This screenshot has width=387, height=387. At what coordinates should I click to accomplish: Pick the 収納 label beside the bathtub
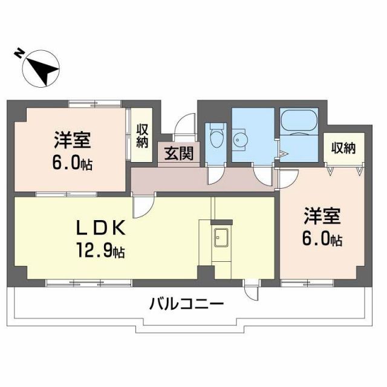343,148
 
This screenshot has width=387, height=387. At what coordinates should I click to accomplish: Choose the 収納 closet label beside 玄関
143,135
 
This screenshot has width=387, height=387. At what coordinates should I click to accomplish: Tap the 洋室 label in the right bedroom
322,216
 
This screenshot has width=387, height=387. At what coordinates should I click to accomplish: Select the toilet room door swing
215,175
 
